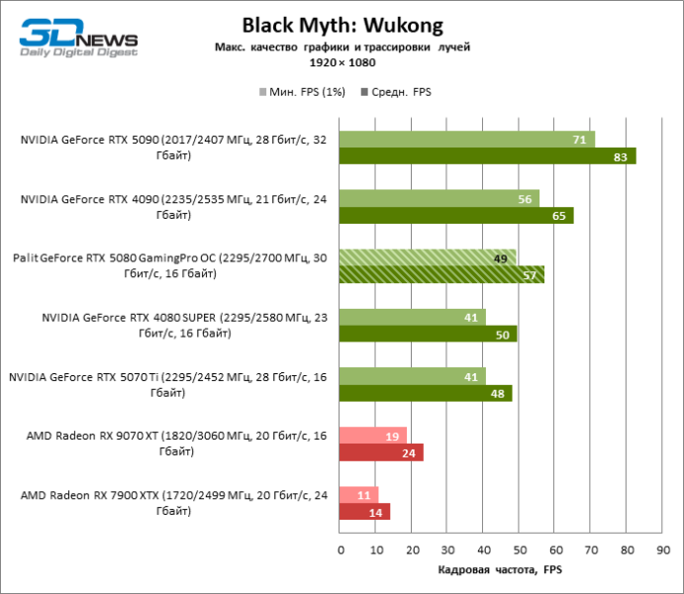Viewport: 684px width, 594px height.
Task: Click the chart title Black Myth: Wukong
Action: point(342,24)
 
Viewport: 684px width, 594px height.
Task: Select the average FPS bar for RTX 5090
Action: point(487,156)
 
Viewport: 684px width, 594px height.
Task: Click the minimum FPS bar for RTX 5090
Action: point(466,140)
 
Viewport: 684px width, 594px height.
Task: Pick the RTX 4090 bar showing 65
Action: point(456,215)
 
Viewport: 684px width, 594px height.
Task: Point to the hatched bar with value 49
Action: point(428,257)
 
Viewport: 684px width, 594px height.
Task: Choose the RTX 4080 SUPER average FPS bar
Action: point(428,334)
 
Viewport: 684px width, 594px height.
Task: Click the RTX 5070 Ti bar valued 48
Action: point(426,393)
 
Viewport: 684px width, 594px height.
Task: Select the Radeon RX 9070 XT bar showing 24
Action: point(381,452)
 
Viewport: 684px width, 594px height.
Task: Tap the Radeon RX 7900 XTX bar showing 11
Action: point(358,495)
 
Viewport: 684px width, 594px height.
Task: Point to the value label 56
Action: point(525,199)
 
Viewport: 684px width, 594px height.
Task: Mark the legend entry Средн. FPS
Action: point(401,91)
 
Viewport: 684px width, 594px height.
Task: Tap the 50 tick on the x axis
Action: point(519,549)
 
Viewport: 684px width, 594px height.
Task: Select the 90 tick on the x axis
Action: point(661,549)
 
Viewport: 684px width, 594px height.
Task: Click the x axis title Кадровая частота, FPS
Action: point(499,570)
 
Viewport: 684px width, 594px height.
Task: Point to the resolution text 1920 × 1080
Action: point(342,61)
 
